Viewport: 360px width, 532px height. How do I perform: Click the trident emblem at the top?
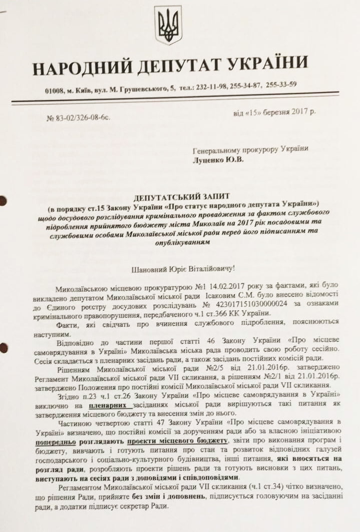pyautogui.click(x=168, y=25)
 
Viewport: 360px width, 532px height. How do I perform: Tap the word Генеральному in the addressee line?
pyautogui.click(x=215, y=149)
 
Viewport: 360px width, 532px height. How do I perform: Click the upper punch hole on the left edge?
pyautogui.click(x=3, y=201)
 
